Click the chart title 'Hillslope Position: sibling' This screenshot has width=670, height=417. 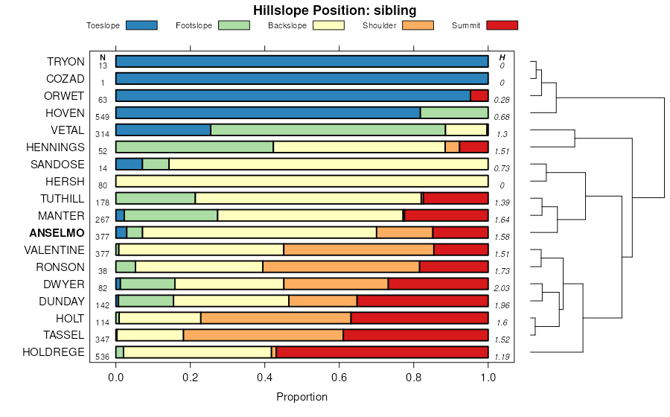point(334,10)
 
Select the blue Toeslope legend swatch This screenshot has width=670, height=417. point(141,25)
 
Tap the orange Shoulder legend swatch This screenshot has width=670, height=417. point(417,25)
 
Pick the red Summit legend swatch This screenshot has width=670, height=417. point(502,25)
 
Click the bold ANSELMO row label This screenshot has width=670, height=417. point(57,232)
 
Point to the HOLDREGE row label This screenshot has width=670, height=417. point(54,352)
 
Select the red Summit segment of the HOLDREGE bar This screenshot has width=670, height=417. point(382,352)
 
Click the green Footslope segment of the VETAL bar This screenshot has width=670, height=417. point(328,130)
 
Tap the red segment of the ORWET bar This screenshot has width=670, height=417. point(479,95)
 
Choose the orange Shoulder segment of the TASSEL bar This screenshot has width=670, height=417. point(263,335)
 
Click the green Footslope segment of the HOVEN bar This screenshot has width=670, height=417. point(454,112)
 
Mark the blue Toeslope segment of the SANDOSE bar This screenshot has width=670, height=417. point(129,164)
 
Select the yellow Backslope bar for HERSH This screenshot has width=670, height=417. point(301,181)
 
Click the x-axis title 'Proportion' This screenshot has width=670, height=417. point(301,397)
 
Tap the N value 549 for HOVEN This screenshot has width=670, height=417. point(103,117)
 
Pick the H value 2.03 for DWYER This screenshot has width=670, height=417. point(502,288)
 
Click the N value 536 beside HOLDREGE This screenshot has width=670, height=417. point(103,357)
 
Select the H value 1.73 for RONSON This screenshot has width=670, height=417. point(502,271)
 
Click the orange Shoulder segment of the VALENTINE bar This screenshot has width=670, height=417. point(359,249)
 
